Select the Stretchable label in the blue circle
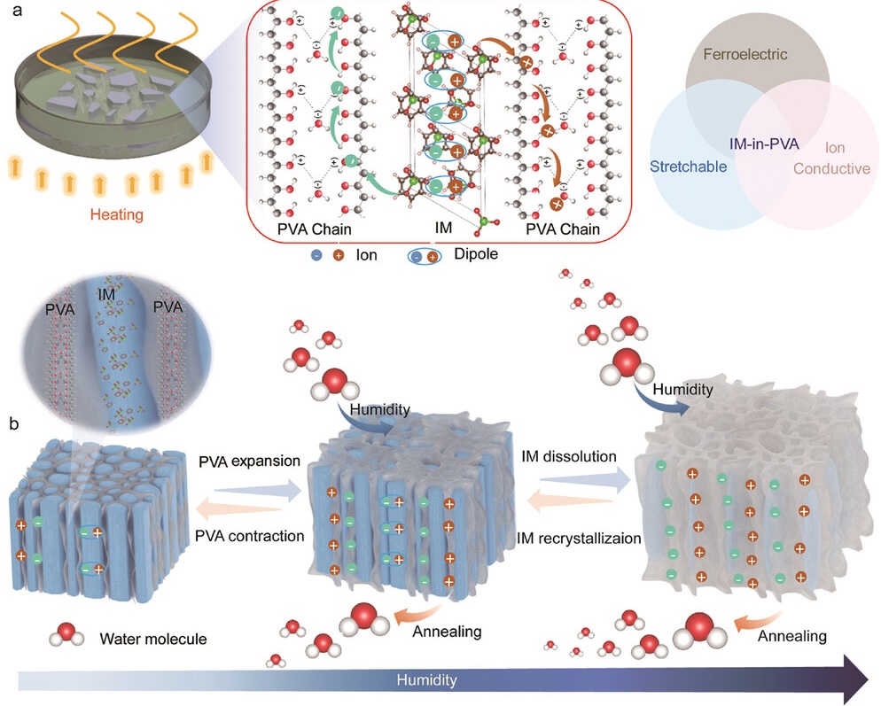pyautogui.click(x=687, y=166)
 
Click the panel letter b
pyautogui.click(x=13, y=423)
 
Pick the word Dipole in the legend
pyautogui.click(x=473, y=254)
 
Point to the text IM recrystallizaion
pyautogui.click(x=579, y=537)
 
